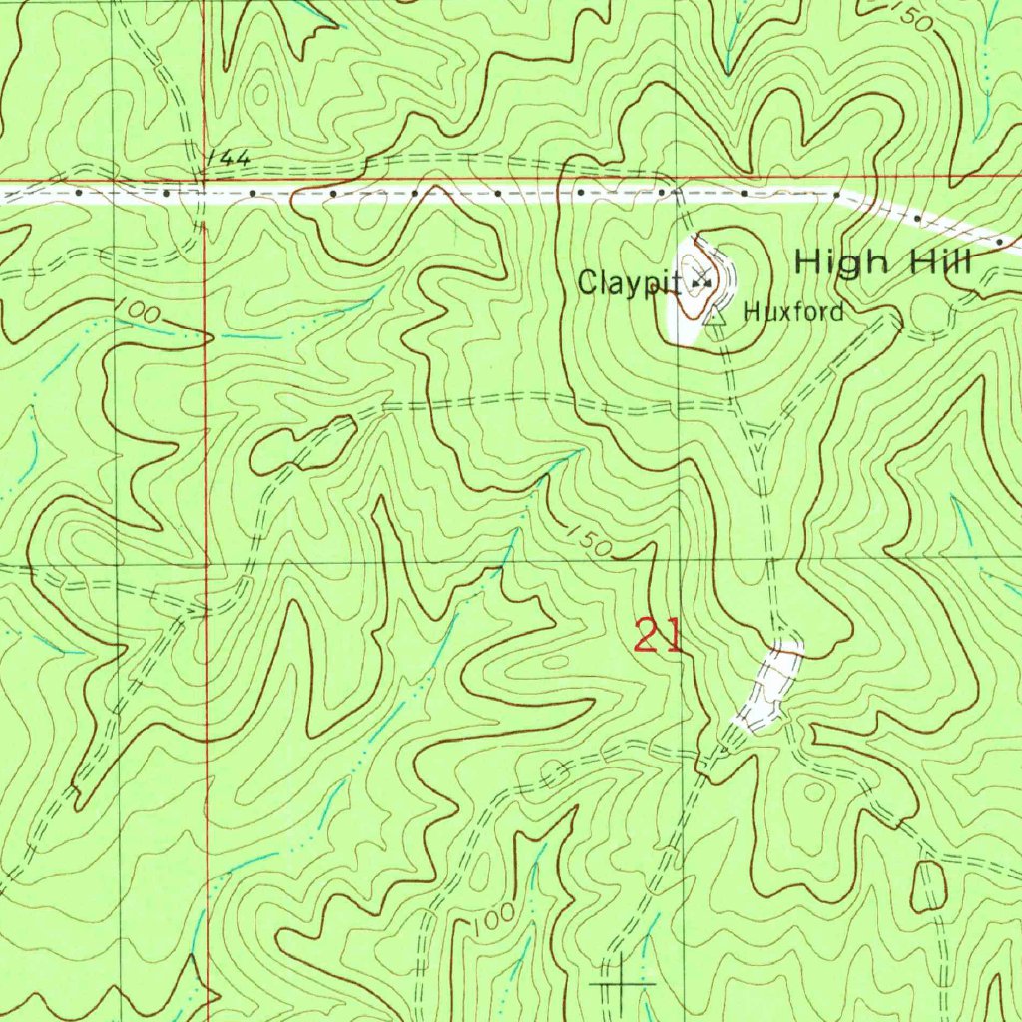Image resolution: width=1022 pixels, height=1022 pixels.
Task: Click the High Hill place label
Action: pyautogui.click(x=882, y=263)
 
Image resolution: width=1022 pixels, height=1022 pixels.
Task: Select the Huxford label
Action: pyautogui.click(x=793, y=312)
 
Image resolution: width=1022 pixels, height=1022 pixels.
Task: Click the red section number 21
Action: pyautogui.click(x=659, y=635)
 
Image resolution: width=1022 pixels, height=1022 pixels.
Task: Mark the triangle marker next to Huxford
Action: pyautogui.click(x=715, y=318)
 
